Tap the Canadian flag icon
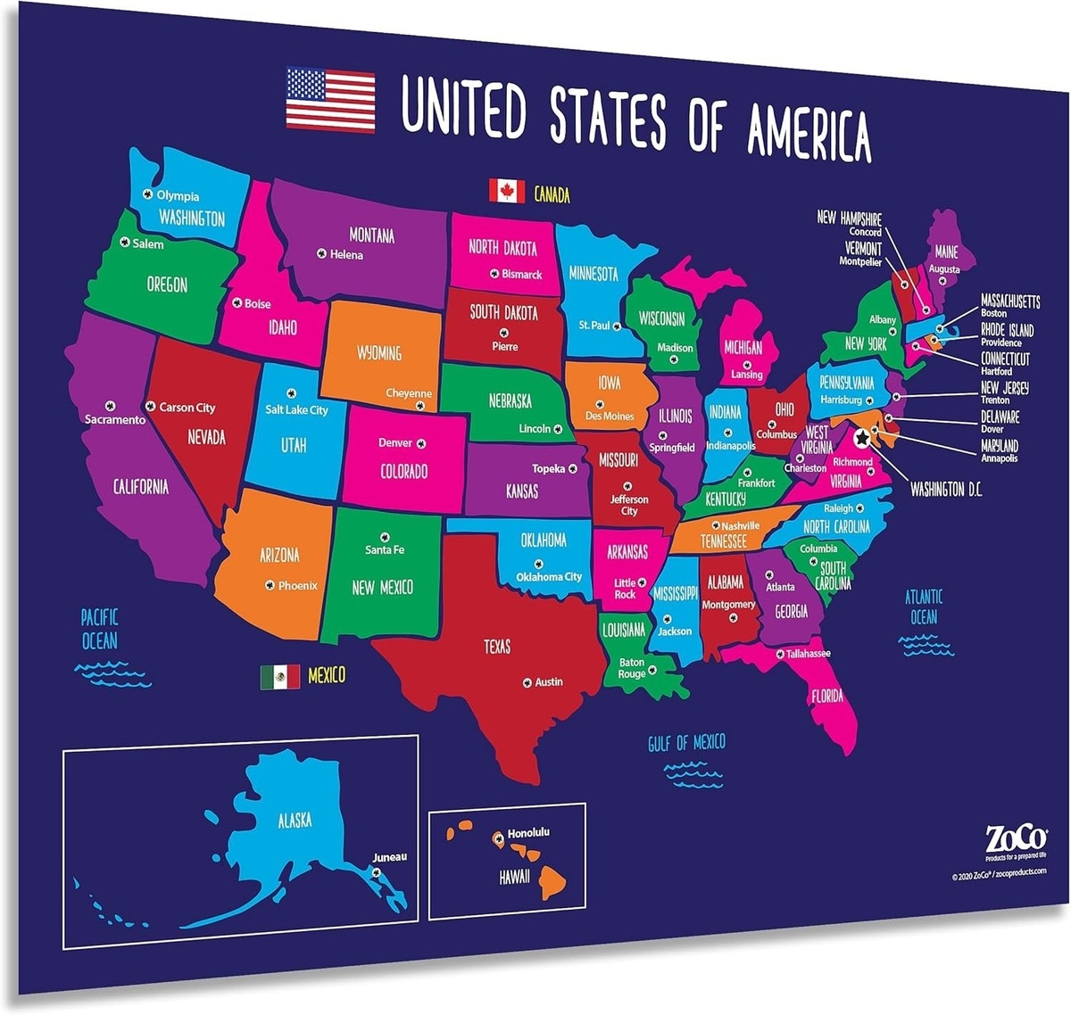tap(506, 191)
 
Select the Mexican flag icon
tap(279, 677)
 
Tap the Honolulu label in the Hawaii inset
tap(527, 833)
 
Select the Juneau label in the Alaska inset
tap(389, 857)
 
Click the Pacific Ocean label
tap(99, 629)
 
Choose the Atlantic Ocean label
tap(924, 607)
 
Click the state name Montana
tap(371, 235)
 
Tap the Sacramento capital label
tap(115, 420)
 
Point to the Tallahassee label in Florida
tap(808, 654)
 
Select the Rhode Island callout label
tap(1007, 330)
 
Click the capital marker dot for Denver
tap(421, 443)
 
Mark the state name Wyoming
tap(379, 352)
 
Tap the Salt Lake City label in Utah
tap(296, 410)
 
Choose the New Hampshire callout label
tap(849, 219)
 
